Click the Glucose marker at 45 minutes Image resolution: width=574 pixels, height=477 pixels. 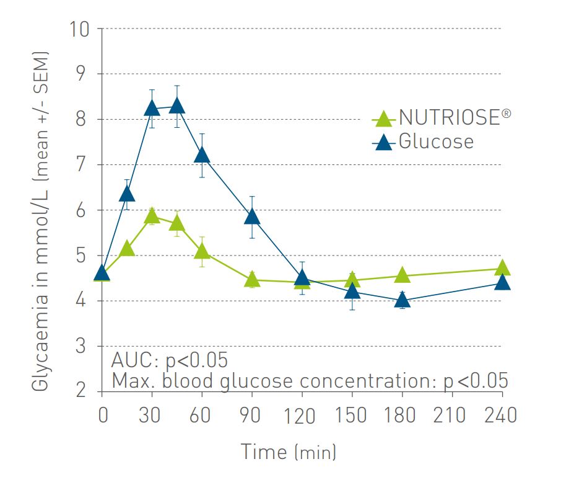[177, 105]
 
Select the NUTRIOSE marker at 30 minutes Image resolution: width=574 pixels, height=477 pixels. [152, 216]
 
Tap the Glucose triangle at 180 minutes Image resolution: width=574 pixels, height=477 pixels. [402, 300]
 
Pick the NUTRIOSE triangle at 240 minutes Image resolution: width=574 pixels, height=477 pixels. [502, 268]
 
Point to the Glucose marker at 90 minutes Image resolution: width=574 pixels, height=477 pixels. [252, 216]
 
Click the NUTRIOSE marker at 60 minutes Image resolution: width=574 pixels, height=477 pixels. [202, 251]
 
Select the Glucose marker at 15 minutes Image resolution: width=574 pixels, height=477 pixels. [127, 194]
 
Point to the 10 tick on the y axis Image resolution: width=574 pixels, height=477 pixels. [81, 29]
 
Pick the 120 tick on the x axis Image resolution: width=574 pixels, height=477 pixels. [302, 414]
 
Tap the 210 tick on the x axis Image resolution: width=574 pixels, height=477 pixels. [452, 414]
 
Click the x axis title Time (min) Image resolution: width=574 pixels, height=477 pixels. [288, 451]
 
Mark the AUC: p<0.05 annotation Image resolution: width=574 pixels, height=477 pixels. [169, 360]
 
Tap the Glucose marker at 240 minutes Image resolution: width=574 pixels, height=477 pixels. [502, 283]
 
